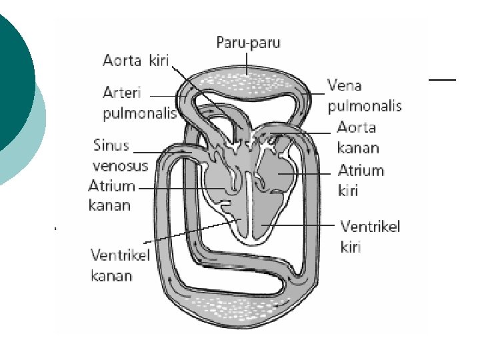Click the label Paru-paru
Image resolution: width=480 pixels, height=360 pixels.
[x=248, y=43]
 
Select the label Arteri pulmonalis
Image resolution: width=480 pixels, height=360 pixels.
[x=138, y=101]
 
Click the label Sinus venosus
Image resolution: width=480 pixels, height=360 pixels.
[x=120, y=155]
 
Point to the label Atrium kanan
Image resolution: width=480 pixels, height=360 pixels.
[x=112, y=195]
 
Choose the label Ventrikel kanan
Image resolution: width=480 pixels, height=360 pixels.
[x=120, y=265]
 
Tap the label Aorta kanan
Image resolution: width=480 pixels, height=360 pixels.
[x=358, y=137]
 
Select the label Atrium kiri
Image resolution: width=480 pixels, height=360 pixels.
[x=361, y=180]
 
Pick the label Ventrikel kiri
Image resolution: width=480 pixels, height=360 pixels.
[x=370, y=237]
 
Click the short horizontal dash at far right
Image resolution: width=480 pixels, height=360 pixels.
[x=442, y=79]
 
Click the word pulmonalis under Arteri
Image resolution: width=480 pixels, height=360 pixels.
[x=139, y=113]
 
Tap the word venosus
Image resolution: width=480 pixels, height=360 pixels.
[x=120, y=165]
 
